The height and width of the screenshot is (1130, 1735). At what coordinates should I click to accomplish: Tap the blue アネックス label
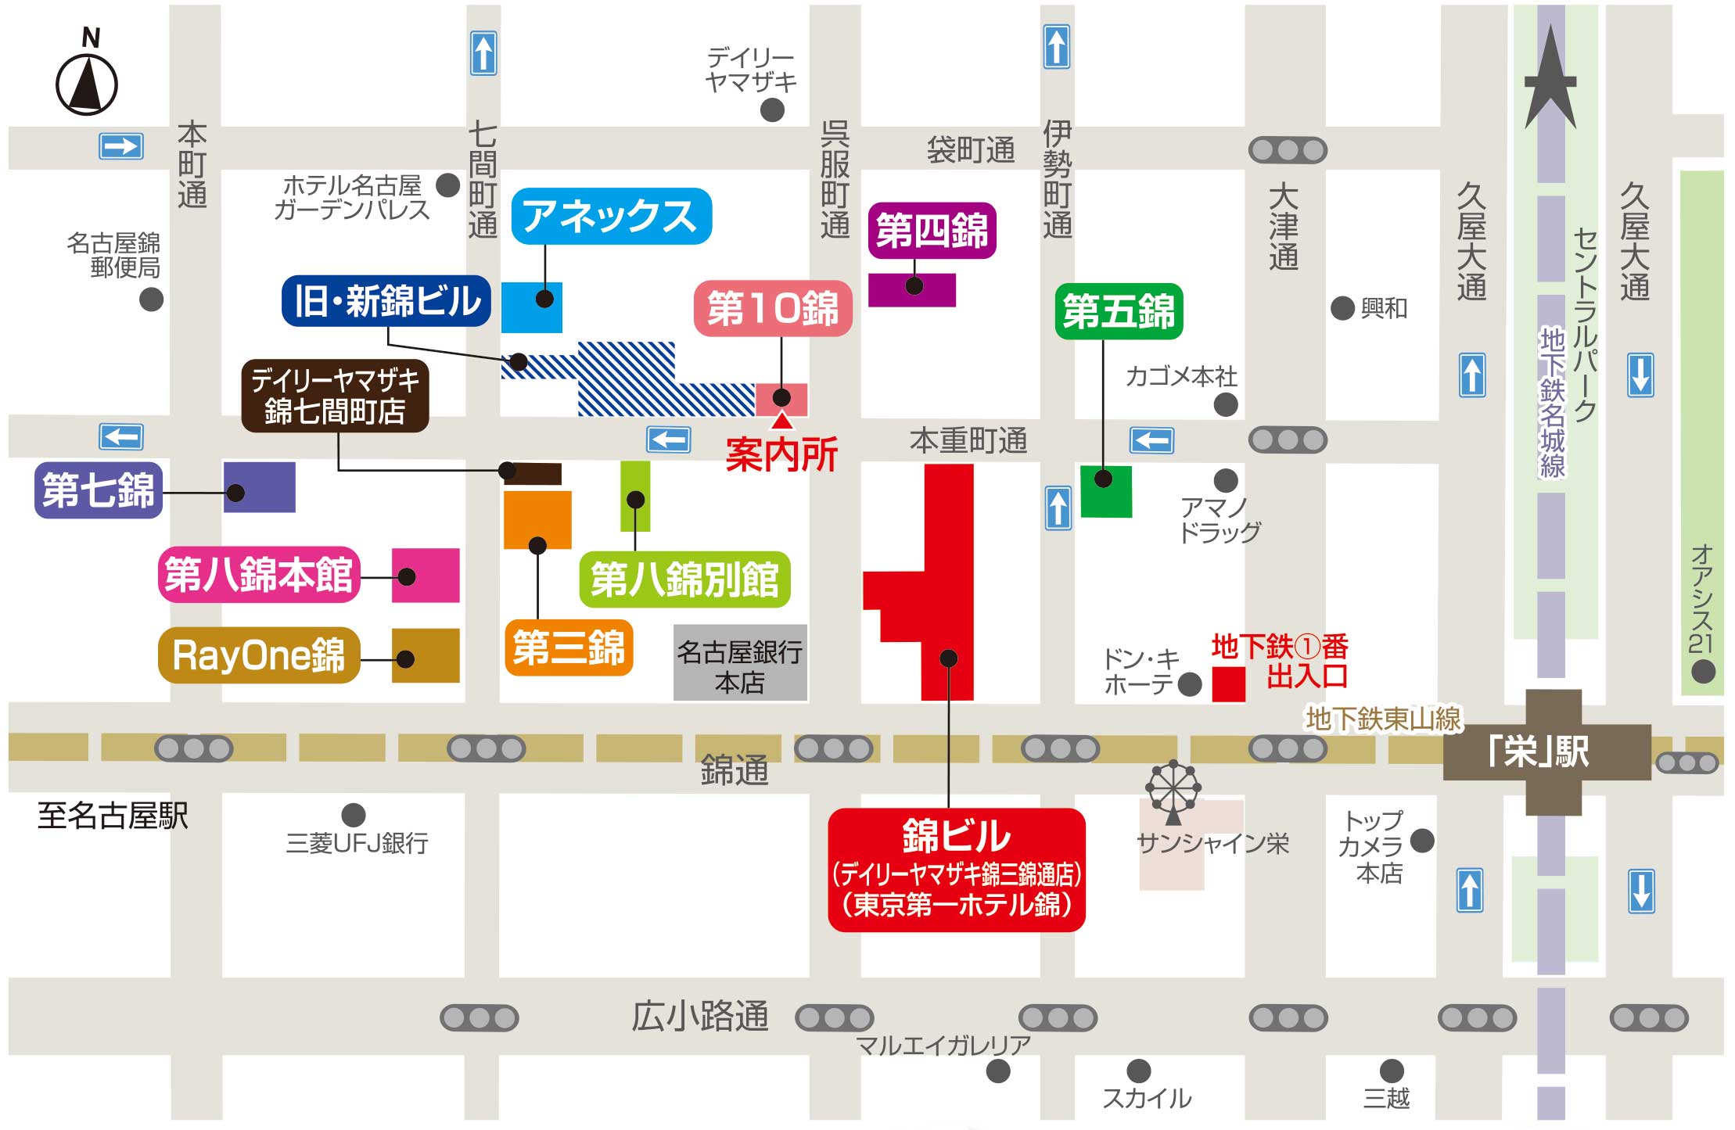[x=611, y=217]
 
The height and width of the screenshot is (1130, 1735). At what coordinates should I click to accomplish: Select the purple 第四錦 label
[x=932, y=231]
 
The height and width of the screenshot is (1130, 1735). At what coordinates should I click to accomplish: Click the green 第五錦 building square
[x=1106, y=491]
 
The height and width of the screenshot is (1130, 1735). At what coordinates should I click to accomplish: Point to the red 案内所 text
[x=781, y=454]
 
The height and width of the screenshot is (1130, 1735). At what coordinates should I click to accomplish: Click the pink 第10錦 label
[x=773, y=308]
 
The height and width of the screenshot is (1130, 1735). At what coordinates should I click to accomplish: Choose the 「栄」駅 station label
[x=1539, y=752]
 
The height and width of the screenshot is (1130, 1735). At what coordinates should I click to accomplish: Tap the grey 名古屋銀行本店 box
[x=740, y=663]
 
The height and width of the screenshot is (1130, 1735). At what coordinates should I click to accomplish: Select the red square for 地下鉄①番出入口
[x=1228, y=684]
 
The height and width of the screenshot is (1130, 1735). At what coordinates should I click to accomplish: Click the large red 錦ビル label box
[x=956, y=870]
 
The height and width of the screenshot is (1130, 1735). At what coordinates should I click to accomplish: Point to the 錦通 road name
[x=734, y=770]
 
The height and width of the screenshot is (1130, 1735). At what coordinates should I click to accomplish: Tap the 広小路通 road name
[x=699, y=1016]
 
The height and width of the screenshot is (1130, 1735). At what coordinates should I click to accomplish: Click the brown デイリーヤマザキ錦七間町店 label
[x=335, y=396]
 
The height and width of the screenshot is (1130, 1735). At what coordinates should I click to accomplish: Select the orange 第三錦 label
[x=569, y=648]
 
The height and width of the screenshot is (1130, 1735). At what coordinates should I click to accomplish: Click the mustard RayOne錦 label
[x=259, y=655]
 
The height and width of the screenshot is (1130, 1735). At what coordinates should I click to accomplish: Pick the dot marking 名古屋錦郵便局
[x=151, y=299]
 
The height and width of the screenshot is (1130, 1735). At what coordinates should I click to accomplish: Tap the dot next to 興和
[x=1342, y=308]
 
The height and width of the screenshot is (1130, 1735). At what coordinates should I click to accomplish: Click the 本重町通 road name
[x=968, y=441]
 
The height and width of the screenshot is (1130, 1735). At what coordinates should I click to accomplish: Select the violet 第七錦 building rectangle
[x=260, y=487]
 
